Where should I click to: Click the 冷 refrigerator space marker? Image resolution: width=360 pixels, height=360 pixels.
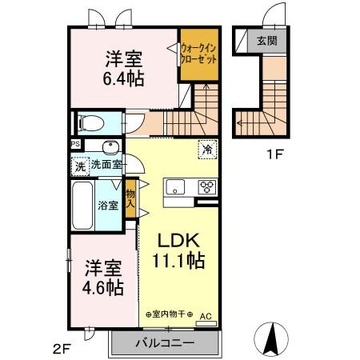click(x=206, y=148)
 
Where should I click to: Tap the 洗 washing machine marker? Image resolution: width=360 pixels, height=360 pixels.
click(x=79, y=166)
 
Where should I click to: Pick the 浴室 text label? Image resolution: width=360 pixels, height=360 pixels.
click(x=108, y=205)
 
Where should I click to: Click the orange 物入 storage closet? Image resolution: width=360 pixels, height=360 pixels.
click(x=130, y=197)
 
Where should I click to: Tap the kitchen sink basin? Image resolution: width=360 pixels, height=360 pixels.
click(x=175, y=188)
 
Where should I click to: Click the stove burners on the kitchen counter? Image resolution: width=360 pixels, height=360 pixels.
click(x=206, y=188)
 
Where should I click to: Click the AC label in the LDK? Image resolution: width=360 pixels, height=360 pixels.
click(x=204, y=317)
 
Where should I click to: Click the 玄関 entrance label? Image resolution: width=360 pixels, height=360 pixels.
click(x=267, y=41)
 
